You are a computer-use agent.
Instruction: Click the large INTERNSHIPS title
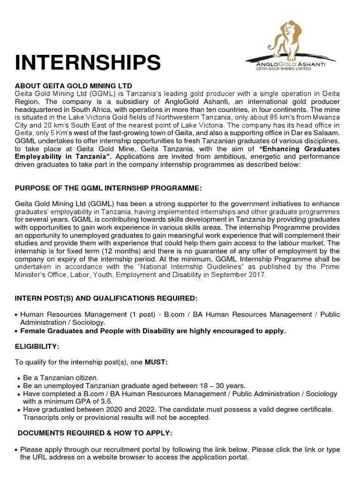[x=88, y=62]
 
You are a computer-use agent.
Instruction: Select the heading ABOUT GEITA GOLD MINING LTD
[x=74, y=85]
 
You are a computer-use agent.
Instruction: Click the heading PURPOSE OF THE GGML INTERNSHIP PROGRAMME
[x=108, y=188]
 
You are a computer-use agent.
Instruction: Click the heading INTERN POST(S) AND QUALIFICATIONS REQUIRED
[x=106, y=299]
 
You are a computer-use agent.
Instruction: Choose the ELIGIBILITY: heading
[x=37, y=346]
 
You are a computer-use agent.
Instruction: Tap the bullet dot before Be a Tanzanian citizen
[x=18, y=378]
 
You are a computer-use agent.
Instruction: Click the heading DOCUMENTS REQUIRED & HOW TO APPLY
[x=95, y=433]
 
